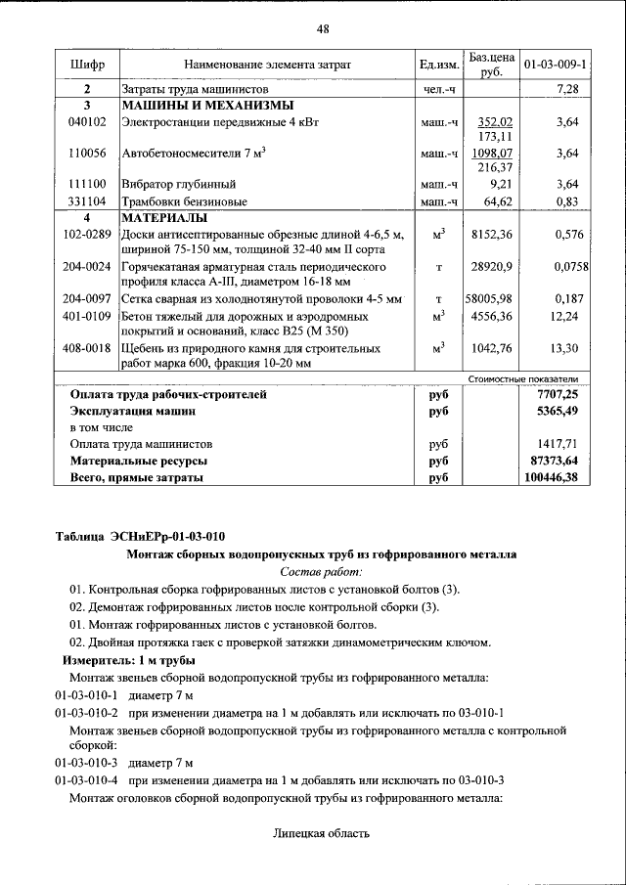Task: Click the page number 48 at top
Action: pyautogui.click(x=322, y=28)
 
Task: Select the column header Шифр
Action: pyautogui.click(x=86, y=65)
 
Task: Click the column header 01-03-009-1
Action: pyautogui.click(x=556, y=65)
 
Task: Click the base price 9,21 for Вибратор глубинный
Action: pyautogui.click(x=500, y=184)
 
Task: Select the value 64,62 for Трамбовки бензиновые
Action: pyautogui.click(x=498, y=200)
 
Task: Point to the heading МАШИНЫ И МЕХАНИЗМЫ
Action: pyautogui.click(x=207, y=106)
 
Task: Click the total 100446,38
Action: pyautogui.click(x=552, y=477)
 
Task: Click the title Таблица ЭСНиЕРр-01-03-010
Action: pyautogui.click(x=141, y=535)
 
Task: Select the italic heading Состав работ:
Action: pyautogui.click(x=321, y=570)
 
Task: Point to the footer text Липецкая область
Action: pyautogui.click(x=321, y=834)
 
